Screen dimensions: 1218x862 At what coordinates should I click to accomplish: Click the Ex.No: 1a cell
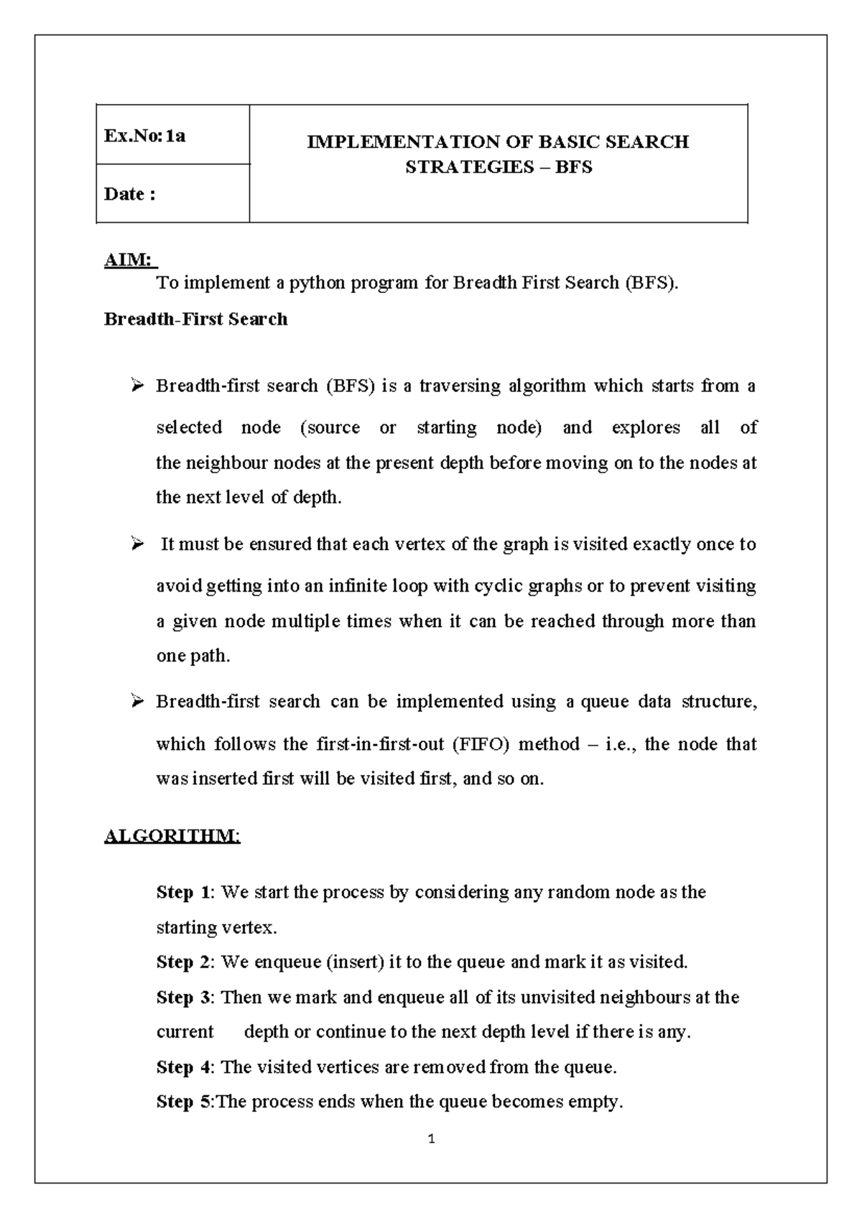(x=145, y=136)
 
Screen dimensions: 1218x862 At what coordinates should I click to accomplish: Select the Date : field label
(x=130, y=195)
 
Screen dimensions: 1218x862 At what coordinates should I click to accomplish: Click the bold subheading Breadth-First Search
(x=195, y=320)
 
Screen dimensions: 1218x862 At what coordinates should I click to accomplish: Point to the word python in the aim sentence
(x=318, y=283)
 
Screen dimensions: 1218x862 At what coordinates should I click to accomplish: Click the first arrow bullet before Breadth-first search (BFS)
(x=137, y=386)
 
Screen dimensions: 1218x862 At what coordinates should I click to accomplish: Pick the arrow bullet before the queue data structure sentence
(x=137, y=702)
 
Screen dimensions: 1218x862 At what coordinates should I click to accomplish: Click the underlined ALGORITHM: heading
(x=172, y=837)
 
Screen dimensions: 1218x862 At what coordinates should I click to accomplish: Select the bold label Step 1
(x=184, y=893)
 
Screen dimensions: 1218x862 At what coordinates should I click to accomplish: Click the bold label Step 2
(x=184, y=962)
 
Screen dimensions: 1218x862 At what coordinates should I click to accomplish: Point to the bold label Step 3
(x=184, y=998)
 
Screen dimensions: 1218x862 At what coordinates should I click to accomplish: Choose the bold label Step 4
(x=184, y=1067)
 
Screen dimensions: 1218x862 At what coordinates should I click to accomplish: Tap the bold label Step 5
(x=184, y=1102)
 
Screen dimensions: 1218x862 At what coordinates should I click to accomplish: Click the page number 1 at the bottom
(x=431, y=1139)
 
